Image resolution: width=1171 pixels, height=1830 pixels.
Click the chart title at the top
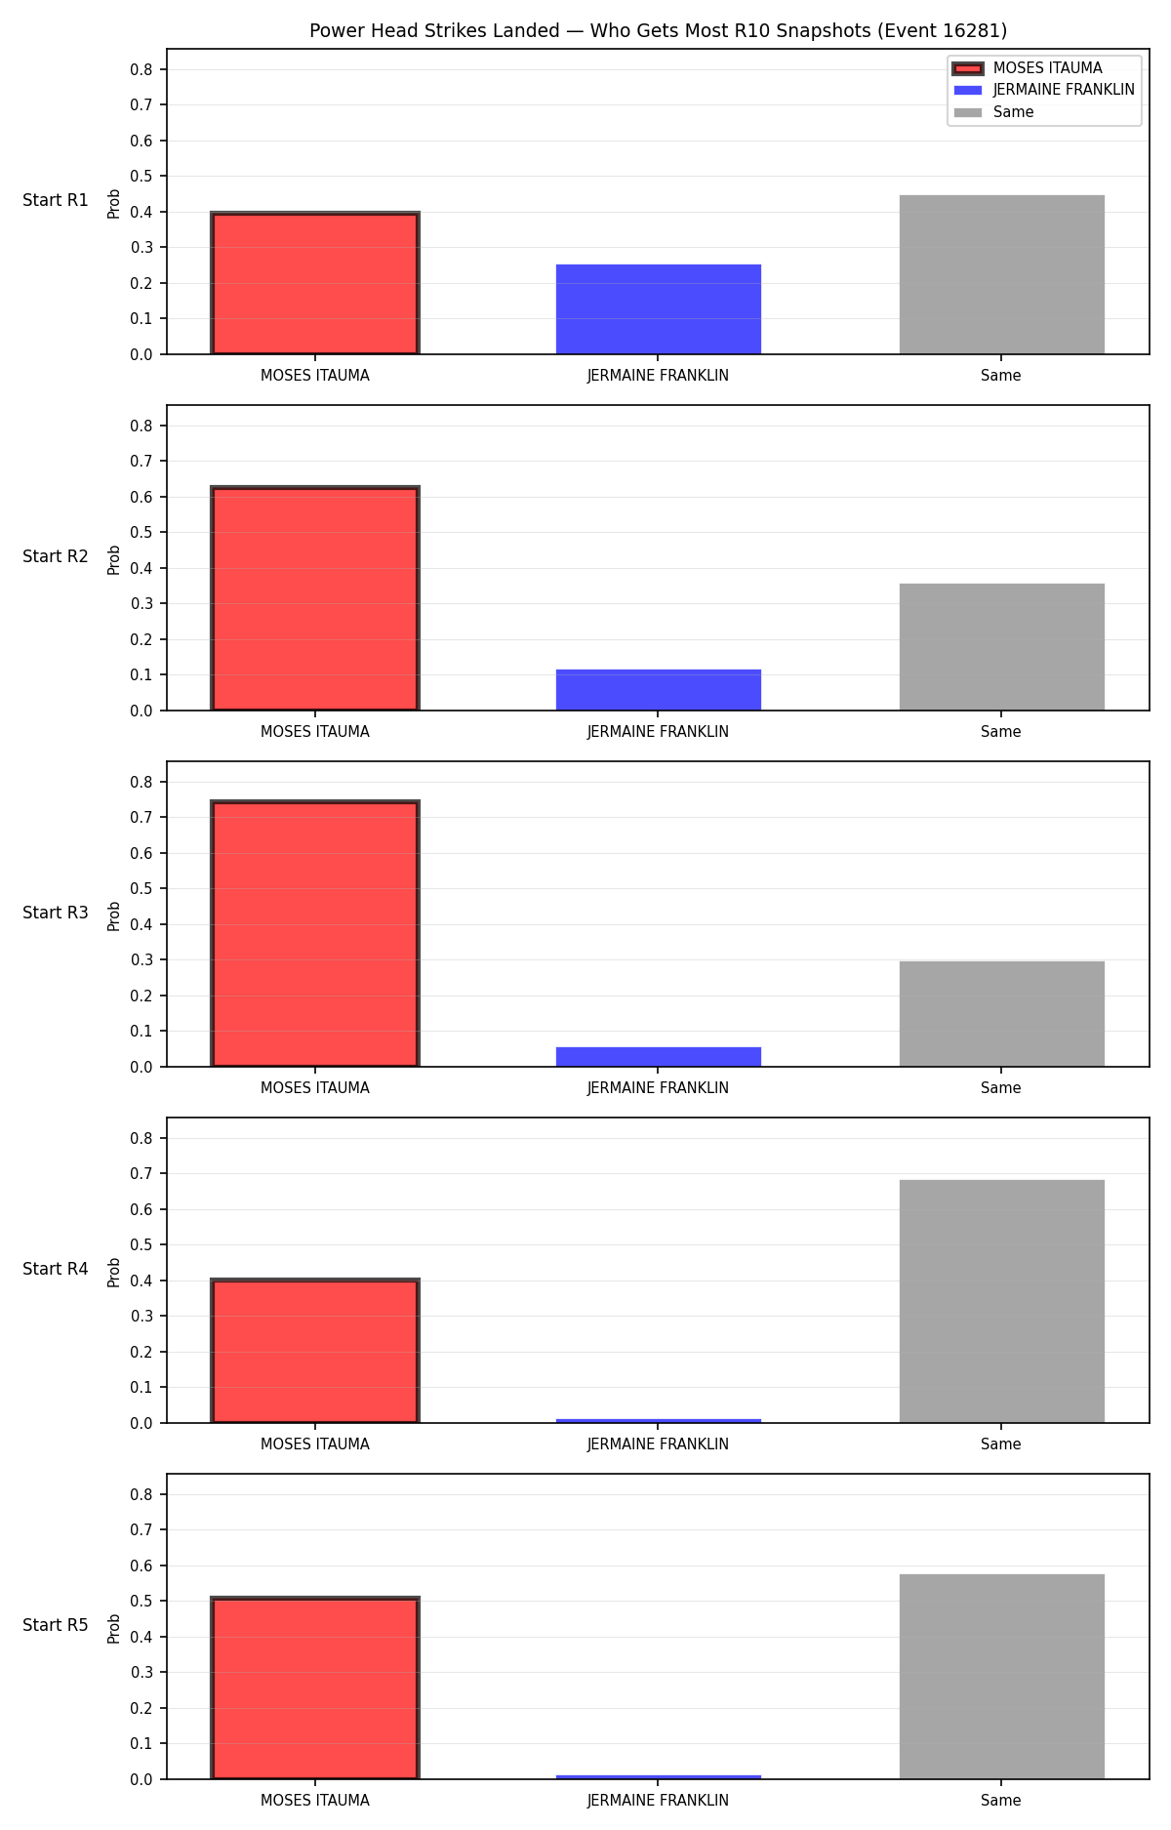[x=658, y=30]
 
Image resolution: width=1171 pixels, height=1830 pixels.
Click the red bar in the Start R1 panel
[x=315, y=283]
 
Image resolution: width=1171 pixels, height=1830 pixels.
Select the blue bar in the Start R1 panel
[x=659, y=309]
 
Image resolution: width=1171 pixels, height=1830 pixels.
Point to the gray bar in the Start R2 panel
[x=1002, y=647]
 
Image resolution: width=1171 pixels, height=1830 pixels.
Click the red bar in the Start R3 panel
[x=315, y=934]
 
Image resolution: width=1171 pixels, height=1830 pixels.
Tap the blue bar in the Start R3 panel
[x=659, y=1057]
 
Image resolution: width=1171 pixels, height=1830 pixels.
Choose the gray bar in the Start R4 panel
[x=1002, y=1301]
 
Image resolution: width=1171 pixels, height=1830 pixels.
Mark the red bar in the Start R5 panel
[x=315, y=1688]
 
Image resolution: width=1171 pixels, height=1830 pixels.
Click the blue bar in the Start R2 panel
[x=659, y=690]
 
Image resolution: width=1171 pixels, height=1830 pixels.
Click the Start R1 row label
[x=56, y=200]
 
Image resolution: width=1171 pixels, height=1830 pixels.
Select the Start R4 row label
[x=56, y=1269]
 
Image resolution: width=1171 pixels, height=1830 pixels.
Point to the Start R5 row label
[x=56, y=1625]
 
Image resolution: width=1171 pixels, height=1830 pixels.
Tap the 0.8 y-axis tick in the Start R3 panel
[x=141, y=782]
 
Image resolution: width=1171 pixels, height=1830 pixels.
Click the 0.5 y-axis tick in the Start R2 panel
[x=141, y=533]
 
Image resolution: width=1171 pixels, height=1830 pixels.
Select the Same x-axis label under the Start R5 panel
[x=1001, y=1801]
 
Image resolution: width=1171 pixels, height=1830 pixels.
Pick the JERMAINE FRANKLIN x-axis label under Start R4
[x=658, y=1444]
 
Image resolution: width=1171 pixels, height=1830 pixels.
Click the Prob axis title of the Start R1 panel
[x=114, y=203]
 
